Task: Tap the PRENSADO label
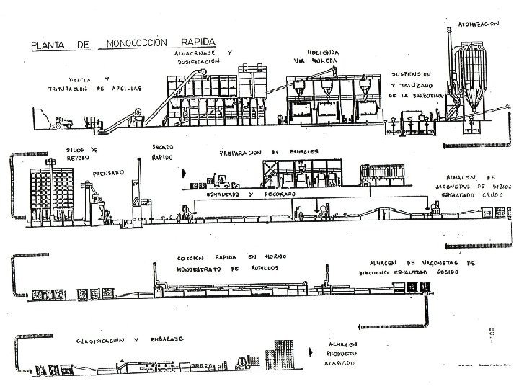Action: [108, 173]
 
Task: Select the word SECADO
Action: [163, 147]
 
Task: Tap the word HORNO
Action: [261, 257]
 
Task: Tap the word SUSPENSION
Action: [411, 74]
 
